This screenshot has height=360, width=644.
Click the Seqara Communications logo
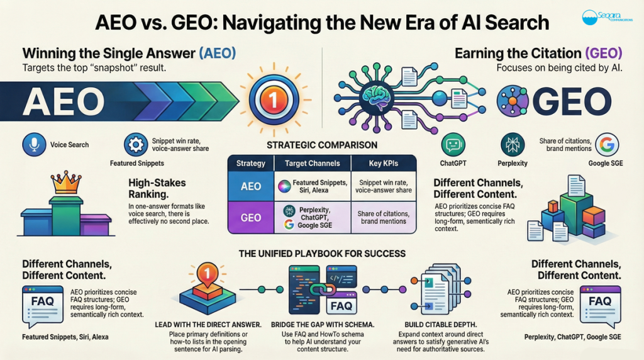click(x=607, y=17)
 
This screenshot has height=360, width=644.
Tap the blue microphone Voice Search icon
click(x=34, y=145)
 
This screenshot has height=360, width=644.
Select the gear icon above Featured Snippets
click(x=136, y=144)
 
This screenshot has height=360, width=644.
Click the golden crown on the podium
click(x=65, y=183)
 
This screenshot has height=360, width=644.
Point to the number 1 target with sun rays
click(x=274, y=100)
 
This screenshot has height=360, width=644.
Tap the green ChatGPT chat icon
click(x=453, y=145)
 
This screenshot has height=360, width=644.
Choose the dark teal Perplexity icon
click(x=513, y=145)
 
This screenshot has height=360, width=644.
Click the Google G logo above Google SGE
click(x=607, y=145)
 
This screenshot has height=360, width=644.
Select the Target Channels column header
click(x=312, y=163)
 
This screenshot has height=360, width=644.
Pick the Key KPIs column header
click(x=384, y=163)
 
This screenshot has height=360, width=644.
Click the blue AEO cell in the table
click(x=251, y=186)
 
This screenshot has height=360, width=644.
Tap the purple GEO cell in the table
click(x=251, y=217)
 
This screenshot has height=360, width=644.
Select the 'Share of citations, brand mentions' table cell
click(x=384, y=217)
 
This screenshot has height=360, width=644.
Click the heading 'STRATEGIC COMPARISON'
click(x=322, y=145)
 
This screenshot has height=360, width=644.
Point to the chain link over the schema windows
click(x=323, y=290)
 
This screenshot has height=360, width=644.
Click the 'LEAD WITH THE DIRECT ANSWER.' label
click(x=208, y=325)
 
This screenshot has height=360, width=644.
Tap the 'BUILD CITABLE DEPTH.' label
click(x=441, y=325)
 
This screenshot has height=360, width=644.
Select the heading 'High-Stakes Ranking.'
click(x=157, y=188)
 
